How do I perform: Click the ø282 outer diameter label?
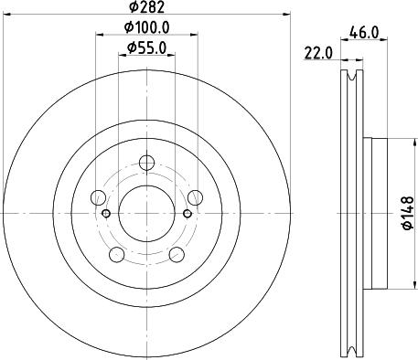146,10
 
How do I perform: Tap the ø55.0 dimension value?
146,48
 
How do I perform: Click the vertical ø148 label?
409,212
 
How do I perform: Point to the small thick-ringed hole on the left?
106,214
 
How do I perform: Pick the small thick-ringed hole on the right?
188,214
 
